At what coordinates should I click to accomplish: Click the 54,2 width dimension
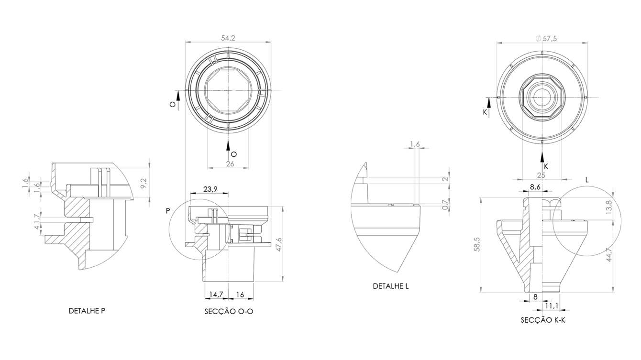228,38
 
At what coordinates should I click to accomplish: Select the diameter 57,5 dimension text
546,38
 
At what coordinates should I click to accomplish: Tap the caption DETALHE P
87,311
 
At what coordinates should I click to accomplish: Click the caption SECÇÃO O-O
229,311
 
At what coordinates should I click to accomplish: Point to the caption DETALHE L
391,286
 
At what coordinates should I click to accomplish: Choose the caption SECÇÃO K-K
543,320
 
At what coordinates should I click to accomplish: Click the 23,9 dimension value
210,189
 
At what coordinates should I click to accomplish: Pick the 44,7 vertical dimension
609,255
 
